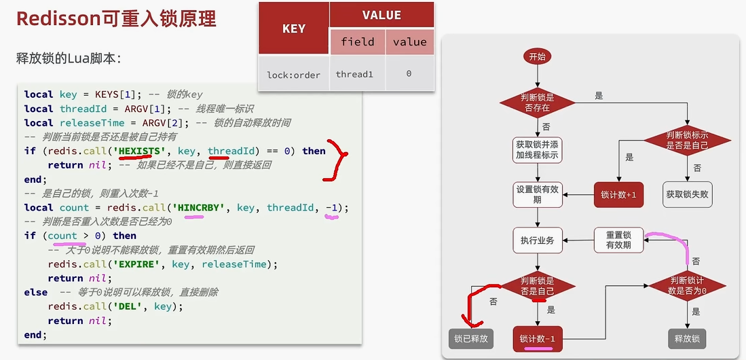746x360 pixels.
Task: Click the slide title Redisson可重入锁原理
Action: point(116,19)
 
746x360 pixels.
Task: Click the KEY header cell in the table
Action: point(293,29)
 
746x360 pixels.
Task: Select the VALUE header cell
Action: point(381,15)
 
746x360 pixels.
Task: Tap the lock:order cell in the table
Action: point(293,74)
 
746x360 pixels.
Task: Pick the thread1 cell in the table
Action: point(354,74)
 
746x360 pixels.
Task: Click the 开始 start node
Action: point(537,57)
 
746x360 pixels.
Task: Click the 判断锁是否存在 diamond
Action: point(537,103)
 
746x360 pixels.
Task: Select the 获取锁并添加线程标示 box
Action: point(538,150)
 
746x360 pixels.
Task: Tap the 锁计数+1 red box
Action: point(618,195)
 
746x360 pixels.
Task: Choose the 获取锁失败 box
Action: point(687,195)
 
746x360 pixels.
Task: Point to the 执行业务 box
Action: point(538,240)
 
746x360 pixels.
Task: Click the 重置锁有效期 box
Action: point(618,240)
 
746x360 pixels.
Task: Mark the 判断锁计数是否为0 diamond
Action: point(688,285)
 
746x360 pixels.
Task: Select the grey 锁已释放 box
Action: point(471,338)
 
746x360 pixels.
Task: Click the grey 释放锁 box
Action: point(687,338)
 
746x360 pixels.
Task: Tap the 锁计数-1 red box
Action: point(538,338)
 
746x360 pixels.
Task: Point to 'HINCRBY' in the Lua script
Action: point(199,207)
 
